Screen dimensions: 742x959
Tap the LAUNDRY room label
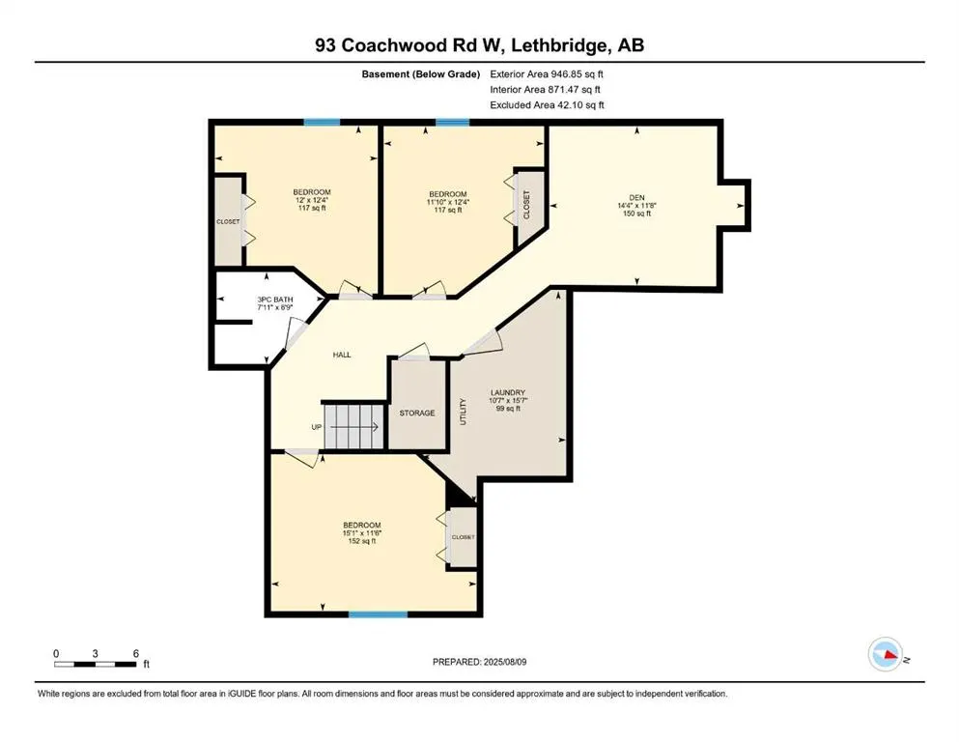(506, 391)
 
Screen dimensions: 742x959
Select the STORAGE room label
(417, 413)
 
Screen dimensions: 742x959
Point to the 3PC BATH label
(276, 300)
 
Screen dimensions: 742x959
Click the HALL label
(341, 355)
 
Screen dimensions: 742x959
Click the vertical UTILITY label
(464, 412)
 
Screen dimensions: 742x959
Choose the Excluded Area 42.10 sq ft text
(547, 104)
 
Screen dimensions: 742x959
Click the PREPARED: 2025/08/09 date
(479, 662)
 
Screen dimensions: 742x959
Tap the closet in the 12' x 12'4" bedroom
(228, 221)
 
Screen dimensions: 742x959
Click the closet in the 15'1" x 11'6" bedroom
(462, 537)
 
